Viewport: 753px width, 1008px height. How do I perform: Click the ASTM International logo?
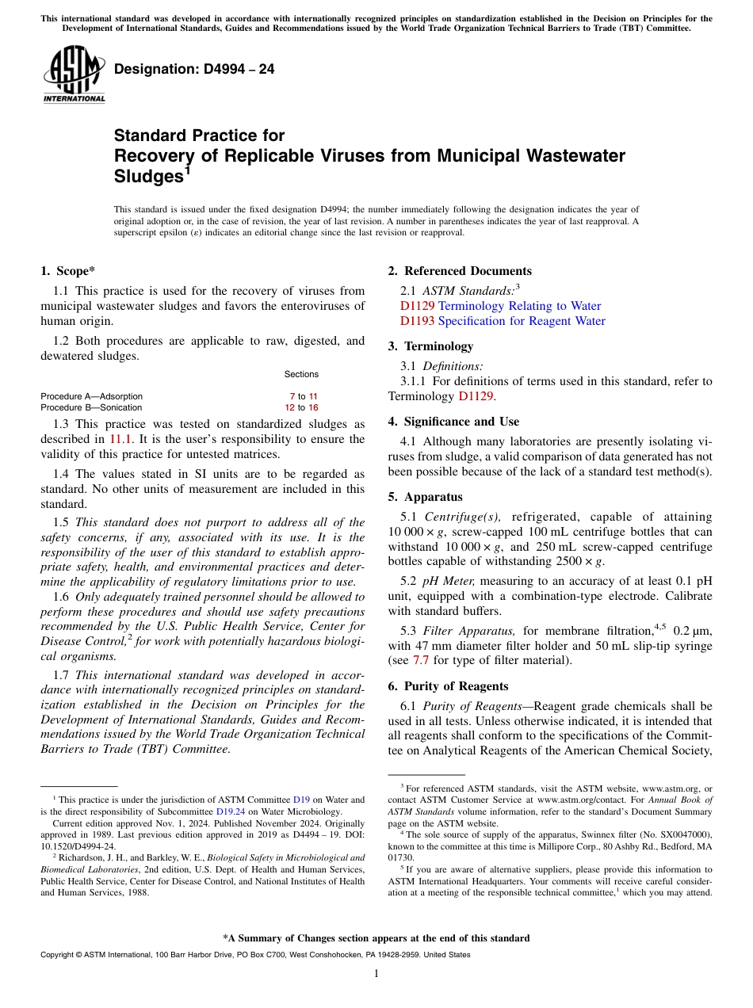tap(74, 74)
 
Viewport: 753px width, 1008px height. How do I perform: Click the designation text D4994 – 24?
tap(194, 69)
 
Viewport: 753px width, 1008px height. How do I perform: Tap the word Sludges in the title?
tap(149, 176)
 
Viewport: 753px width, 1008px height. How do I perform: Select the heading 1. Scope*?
tap(67, 271)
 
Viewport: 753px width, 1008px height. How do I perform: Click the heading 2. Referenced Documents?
tap(460, 271)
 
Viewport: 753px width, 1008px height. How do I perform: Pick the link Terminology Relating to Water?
tap(519, 306)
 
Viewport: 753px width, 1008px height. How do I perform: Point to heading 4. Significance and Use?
tap(453, 422)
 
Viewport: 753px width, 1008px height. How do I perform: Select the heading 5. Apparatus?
tap(425, 498)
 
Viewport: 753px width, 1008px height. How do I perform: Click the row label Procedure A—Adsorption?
tap(91, 396)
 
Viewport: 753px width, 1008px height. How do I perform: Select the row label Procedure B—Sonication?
tap(91, 407)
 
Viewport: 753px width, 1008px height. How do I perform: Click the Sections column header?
tap(301, 374)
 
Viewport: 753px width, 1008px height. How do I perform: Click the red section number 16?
tap(313, 407)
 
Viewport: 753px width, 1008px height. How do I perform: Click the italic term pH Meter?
tap(450, 581)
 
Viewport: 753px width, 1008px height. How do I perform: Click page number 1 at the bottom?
tap(376, 974)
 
